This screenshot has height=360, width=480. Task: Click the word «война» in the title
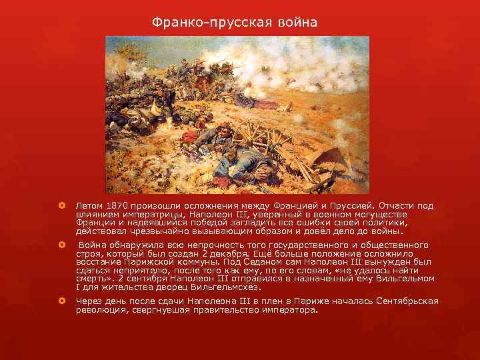coord(295,23)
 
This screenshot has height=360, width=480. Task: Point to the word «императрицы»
coord(143,215)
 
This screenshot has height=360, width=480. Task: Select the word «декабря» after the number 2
coord(215,253)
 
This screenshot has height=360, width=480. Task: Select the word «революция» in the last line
coord(102,310)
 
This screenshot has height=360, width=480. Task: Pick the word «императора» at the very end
coord(288,310)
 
